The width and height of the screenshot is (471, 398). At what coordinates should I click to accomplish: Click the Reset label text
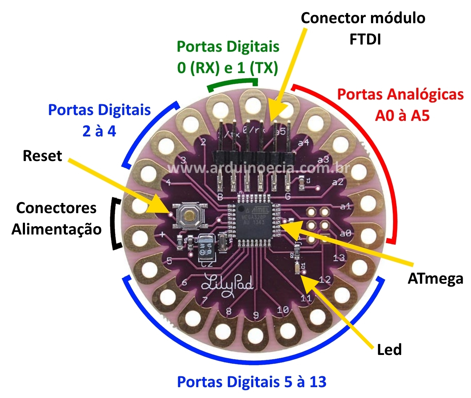42,156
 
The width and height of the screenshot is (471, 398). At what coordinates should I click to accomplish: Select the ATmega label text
435,279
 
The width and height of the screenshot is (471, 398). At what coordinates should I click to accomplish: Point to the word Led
389,350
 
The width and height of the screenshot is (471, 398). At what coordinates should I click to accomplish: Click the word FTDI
365,39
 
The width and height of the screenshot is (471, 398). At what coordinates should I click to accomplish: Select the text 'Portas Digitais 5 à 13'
251,382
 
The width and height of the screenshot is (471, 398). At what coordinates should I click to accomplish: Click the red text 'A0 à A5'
402,116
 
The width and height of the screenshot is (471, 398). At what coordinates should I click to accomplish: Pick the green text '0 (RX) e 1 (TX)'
228,68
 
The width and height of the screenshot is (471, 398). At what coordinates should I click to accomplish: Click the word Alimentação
57,229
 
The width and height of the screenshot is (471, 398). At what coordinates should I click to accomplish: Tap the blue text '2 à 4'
99,131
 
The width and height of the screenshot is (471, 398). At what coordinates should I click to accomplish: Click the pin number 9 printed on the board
256,316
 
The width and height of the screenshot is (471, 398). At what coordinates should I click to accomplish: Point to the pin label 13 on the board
339,258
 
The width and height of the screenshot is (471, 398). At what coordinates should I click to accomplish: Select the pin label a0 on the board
346,233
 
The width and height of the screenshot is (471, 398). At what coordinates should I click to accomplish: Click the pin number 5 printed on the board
169,261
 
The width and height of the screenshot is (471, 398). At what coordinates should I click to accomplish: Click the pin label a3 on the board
323,159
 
